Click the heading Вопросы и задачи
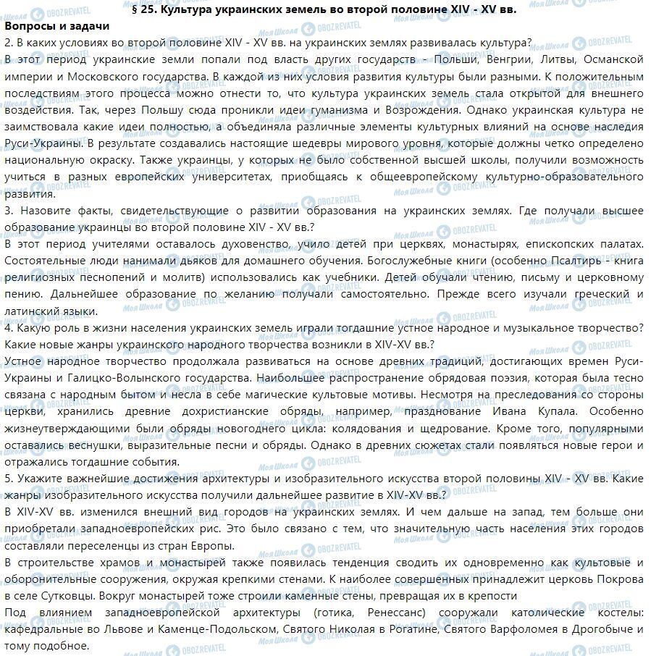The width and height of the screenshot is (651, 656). (56, 26)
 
